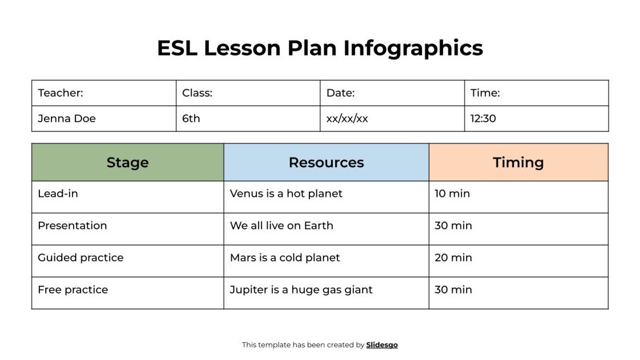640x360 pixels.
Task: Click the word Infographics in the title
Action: coord(413,48)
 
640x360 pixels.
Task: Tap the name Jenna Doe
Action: coord(67,118)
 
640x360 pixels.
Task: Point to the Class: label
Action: coord(197,93)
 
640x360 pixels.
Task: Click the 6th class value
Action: coord(192,118)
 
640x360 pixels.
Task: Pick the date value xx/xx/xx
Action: coord(347,118)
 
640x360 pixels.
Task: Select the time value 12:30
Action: coord(483,118)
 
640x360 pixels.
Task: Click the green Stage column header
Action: coord(128,163)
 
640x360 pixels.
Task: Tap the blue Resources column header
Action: coord(326,163)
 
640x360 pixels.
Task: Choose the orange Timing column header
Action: coord(518,163)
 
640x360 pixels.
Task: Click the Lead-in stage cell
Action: coord(58,193)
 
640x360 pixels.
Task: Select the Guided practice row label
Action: coord(81,258)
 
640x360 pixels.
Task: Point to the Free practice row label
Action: coord(73,290)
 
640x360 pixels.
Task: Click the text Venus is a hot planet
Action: coord(286,193)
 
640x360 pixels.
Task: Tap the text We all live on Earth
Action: coord(281,226)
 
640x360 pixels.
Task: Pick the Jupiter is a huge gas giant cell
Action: coord(301,290)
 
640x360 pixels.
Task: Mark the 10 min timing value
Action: coord(452,193)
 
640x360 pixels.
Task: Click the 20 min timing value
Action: coord(454,258)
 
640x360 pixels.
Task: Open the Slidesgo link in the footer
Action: coord(382,345)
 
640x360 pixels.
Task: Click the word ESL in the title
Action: coord(177,48)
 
